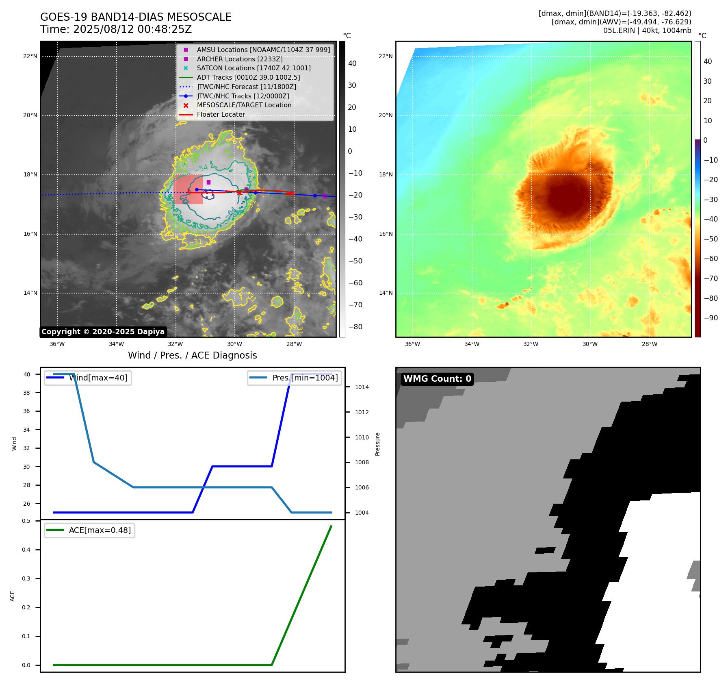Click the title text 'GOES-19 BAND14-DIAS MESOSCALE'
pos(136,17)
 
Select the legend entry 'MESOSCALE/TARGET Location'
pos(244,105)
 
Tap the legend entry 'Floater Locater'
pos(221,115)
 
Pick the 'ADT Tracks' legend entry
pos(248,77)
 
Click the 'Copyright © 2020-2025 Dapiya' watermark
pos(103,332)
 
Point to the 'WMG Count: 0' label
pos(437,379)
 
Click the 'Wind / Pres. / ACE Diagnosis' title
pos(192,355)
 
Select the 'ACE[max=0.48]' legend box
pos(89,530)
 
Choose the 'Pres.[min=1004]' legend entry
pos(295,378)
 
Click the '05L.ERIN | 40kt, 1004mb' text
pos(647,30)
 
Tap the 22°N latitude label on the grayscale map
pos(30,57)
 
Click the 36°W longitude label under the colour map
pos(412,344)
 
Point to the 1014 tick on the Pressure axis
pos(362,387)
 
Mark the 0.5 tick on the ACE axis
pos(26,521)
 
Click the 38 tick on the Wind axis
pos(27,393)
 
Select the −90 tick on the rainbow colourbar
pos(711,318)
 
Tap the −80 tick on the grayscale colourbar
pos(355,327)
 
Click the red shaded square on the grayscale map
pos(188,190)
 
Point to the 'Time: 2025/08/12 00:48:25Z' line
pos(116,29)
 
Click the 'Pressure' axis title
pos(377,444)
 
